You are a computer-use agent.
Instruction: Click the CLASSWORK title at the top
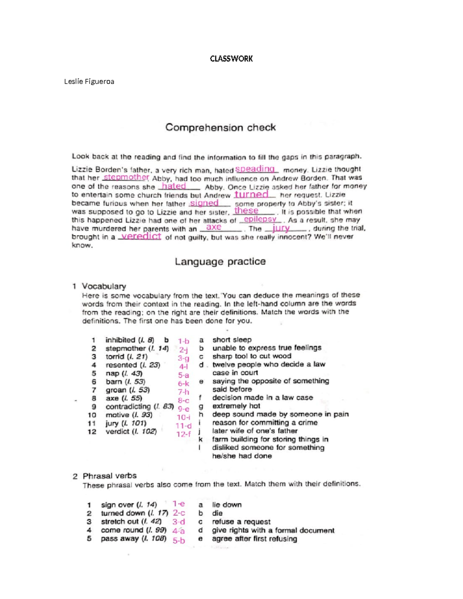click(x=231, y=59)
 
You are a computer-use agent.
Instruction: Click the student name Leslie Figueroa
click(x=89, y=81)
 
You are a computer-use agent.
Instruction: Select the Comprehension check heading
click(x=220, y=127)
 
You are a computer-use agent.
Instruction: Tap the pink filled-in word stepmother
click(x=126, y=177)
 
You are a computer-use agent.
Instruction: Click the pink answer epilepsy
click(x=260, y=219)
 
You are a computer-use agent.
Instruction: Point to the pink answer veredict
click(x=141, y=236)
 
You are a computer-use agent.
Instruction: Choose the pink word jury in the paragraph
click(x=281, y=228)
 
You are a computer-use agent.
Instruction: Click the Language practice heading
click(x=220, y=262)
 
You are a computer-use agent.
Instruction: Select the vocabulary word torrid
click(x=115, y=356)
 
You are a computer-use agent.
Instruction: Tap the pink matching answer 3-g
click(x=183, y=358)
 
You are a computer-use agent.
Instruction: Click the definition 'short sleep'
click(x=231, y=340)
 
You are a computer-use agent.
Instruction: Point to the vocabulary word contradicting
click(x=128, y=407)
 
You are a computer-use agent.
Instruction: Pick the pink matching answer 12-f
click(x=183, y=434)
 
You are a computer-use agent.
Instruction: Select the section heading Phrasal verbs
click(x=110, y=476)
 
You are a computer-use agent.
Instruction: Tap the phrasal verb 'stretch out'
click(x=120, y=521)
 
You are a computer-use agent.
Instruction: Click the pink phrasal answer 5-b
click(x=179, y=540)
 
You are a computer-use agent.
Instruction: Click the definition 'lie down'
click(x=226, y=505)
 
